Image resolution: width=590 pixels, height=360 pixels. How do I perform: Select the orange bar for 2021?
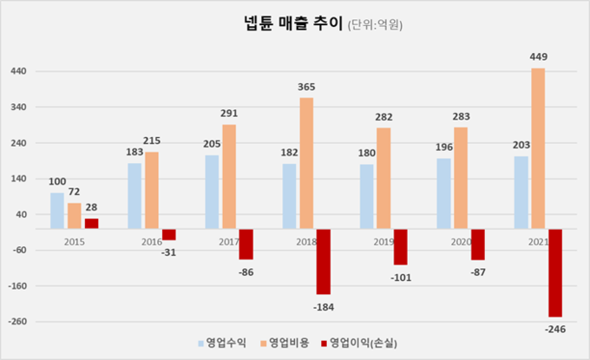tap(537, 148)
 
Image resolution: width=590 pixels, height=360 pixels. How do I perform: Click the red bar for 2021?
tap(554, 272)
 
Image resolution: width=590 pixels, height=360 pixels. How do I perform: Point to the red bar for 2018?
tap(324, 261)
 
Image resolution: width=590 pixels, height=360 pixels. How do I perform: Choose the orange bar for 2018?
tap(306, 163)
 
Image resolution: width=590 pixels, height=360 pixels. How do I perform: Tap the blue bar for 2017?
tap(212, 192)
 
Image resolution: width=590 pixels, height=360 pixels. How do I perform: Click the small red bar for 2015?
tap(91, 223)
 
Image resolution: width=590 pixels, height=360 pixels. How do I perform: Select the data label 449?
tap(538, 57)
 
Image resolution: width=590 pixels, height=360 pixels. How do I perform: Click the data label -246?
tap(554, 329)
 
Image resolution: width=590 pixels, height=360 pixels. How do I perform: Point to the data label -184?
tap(324, 306)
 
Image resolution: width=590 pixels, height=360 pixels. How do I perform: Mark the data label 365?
tap(306, 88)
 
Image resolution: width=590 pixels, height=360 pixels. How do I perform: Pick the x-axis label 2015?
tap(75, 243)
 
